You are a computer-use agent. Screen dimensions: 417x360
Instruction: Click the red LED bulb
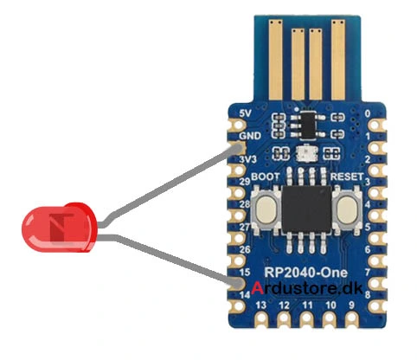click(59, 228)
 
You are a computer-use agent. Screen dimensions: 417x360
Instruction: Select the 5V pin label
click(246, 113)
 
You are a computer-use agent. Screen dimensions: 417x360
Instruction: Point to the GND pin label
click(250, 136)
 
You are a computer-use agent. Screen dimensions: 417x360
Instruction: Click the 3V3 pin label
click(247, 159)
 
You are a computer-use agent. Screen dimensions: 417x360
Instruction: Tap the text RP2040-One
click(306, 273)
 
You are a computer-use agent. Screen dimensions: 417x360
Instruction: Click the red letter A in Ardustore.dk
click(257, 288)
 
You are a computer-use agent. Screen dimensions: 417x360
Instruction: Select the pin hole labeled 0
click(375, 125)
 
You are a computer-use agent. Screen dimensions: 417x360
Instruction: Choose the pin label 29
click(245, 182)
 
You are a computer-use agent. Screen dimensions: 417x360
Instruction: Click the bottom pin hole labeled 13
click(261, 318)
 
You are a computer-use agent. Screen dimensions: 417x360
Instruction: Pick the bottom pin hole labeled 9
click(351, 318)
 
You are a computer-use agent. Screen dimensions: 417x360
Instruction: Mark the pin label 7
click(368, 272)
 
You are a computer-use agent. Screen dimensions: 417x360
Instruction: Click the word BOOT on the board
click(266, 177)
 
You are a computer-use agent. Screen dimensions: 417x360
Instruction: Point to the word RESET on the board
click(347, 177)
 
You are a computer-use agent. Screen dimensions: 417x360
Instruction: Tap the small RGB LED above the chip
click(307, 152)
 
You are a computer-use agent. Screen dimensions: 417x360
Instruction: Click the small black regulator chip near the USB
click(308, 125)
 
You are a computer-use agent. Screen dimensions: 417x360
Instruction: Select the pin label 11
click(307, 305)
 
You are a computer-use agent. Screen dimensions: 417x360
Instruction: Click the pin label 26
click(245, 249)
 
